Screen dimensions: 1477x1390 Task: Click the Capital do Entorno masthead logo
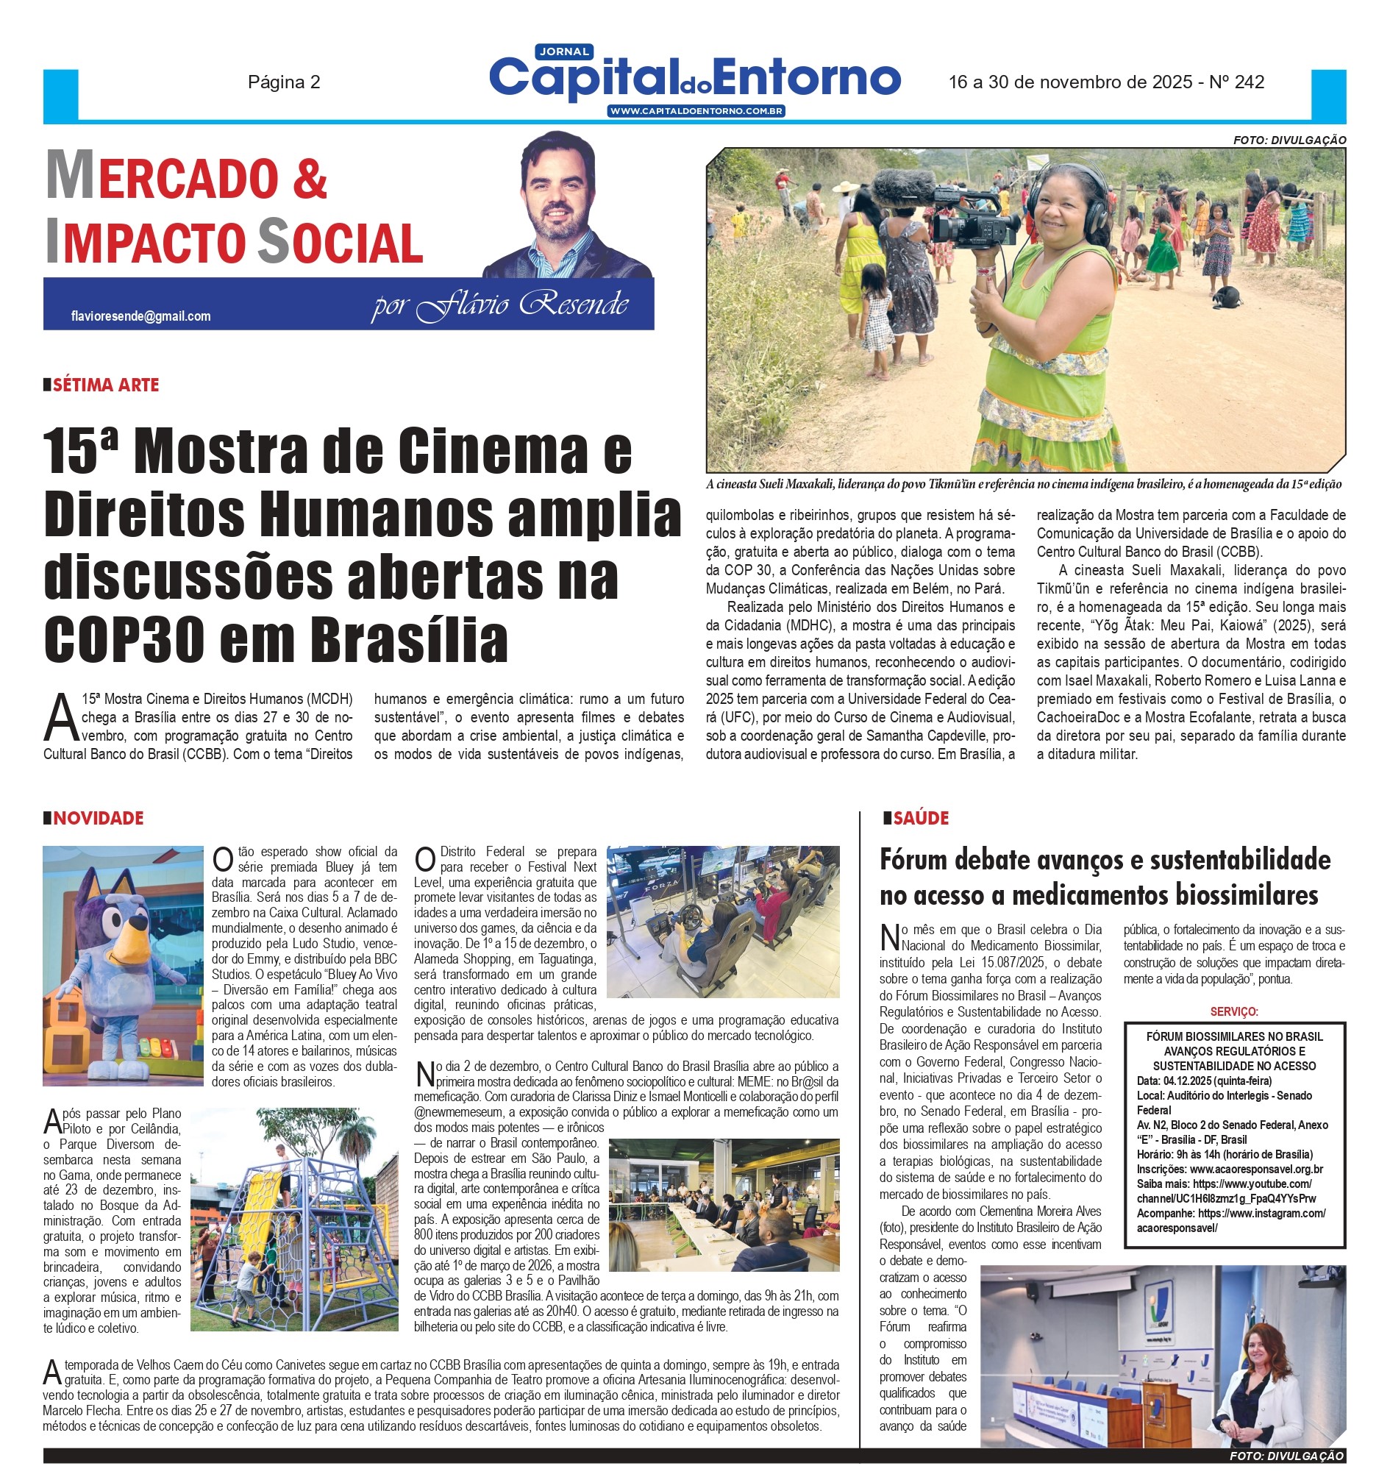pyautogui.click(x=694, y=78)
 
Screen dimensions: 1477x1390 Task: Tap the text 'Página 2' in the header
pyautogui.click(x=284, y=82)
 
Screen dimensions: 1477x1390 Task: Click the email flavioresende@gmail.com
pyautogui.click(x=140, y=316)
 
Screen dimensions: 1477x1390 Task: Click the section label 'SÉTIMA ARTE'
pyautogui.click(x=105, y=385)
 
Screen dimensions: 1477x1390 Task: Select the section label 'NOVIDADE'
pyautogui.click(x=98, y=818)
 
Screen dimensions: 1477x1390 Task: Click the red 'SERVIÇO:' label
pyautogui.click(x=1234, y=1012)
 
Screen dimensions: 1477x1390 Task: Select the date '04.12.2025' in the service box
pyautogui.click(x=1191, y=1081)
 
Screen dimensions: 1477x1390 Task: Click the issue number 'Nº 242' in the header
pyautogui.click(x=1236, y=82)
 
